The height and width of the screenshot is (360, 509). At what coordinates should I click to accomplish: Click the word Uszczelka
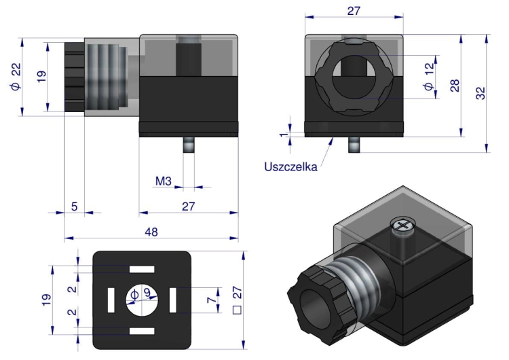coord(290,166)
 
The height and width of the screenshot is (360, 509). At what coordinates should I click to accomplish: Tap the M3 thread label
coord(164,181)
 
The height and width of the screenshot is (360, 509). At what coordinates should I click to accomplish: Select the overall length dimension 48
coord(151,232)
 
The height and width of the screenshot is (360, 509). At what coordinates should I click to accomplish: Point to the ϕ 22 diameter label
coord(16,76)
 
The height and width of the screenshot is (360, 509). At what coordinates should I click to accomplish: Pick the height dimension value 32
coord(480,93)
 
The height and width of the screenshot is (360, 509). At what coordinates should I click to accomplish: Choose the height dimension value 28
coord(455,86)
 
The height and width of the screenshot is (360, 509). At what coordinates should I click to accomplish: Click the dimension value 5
coord(75,206)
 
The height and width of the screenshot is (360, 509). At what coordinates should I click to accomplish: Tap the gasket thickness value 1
coord(284,134)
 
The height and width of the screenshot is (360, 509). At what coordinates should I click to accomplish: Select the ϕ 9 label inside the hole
coord(140,294)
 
